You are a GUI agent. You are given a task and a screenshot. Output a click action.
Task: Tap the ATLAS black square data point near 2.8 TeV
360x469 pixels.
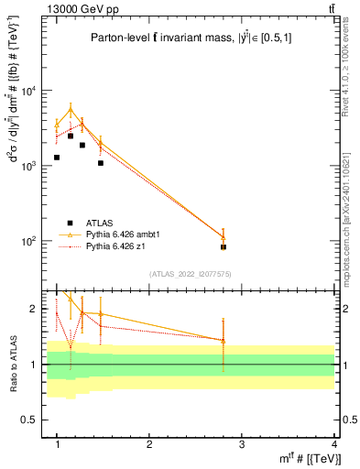click(x=224, y=247)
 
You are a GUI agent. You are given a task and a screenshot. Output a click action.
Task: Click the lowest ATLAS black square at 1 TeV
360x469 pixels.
click(x=57, y=158)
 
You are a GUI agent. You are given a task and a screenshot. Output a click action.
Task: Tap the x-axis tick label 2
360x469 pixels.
click(x=149, y=444)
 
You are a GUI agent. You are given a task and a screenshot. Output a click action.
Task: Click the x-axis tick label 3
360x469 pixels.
click(x=242, y=444)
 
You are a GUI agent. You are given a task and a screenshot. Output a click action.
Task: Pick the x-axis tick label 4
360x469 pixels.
click(x=333, y=444)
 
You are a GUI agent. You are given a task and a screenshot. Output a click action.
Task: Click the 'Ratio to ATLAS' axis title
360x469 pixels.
click(x=12, y=365)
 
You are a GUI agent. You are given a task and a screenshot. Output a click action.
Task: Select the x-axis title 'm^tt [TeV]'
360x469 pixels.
click(x=312, y=458)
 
